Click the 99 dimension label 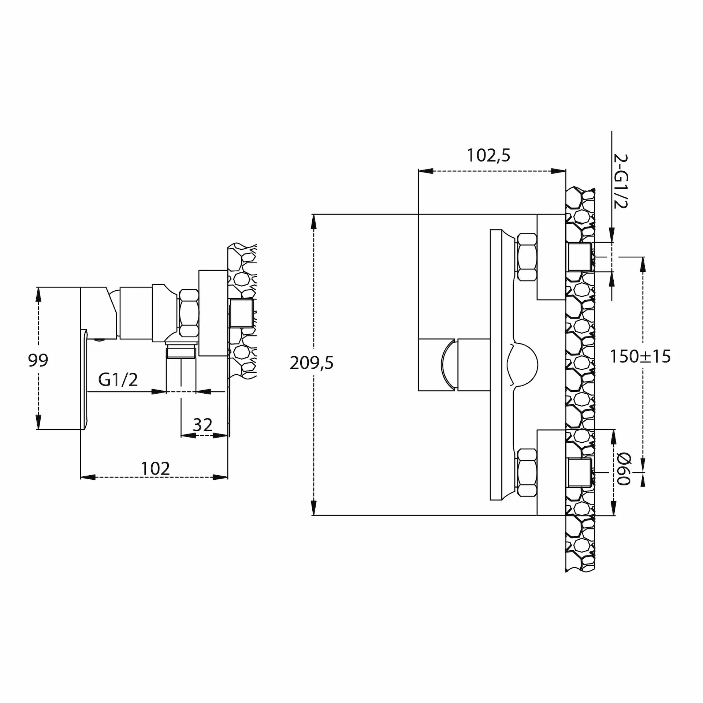coord(38,360)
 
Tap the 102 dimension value coord(155,468)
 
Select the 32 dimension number coord(202,425)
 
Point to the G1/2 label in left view coord(118,380)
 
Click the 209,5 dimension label coord(312,363)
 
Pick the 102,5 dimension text coord(488,155)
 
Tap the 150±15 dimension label coord(640,356)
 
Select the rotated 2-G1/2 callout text coord(621,181)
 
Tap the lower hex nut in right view coord(527,473)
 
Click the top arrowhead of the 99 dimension coord(38,294)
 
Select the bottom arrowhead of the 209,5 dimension coord(314,508)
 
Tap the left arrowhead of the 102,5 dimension coord(426,171)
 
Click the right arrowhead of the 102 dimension coord(220,477)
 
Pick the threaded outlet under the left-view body coord(181,351)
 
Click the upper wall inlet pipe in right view coord(580,257)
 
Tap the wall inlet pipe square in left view coord(242,313)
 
